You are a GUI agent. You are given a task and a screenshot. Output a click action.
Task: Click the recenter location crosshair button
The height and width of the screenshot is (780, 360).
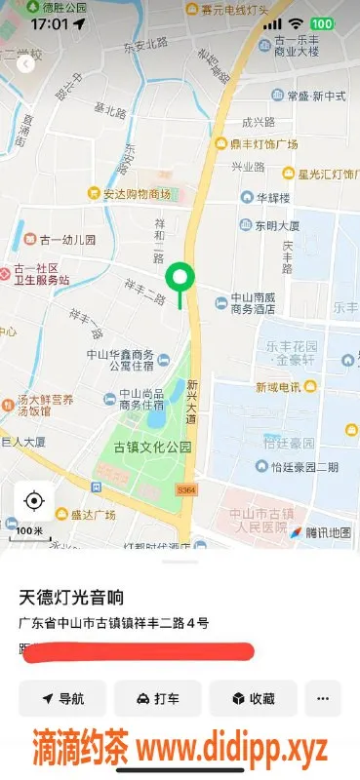coord(34,501)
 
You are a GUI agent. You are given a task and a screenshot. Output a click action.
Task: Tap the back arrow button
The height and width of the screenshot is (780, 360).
coord(25,64)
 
